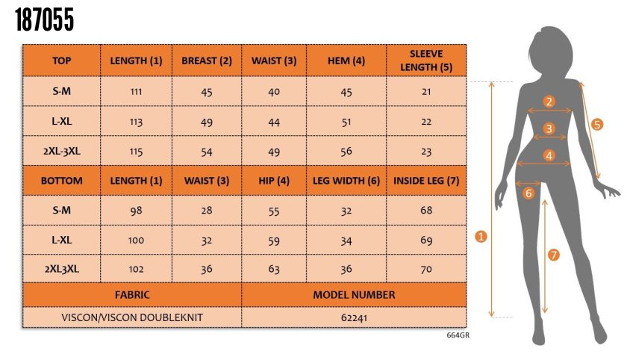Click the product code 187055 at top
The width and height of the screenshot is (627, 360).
click(45, 21)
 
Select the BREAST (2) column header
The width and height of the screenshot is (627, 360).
click(207, 60)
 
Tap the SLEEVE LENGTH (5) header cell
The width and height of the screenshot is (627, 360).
click(426, 60)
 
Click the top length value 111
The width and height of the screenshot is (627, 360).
click(136, 91)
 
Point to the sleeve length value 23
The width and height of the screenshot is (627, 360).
click(426, 151)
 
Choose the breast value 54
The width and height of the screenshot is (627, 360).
click(207, 152)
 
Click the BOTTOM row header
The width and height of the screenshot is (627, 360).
click(61, 181)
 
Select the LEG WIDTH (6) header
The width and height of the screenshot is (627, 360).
click(346, 181)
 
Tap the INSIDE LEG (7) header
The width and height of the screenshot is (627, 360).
click(426, 181)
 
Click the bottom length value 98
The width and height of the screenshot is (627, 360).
click(136, 211)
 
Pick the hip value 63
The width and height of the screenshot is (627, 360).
click(274, 269)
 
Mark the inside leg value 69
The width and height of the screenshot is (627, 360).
click(426, 240)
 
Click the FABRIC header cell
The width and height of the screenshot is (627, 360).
click(131, 294)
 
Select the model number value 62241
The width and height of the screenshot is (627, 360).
click(355, 317)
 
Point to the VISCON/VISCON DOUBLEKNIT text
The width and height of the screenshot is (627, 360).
click(131, 317)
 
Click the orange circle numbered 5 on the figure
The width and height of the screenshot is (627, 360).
click(596, 124)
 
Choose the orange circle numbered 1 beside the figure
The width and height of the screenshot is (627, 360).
click(481, 236)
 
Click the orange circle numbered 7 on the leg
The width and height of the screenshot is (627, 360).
click(554, 255)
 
